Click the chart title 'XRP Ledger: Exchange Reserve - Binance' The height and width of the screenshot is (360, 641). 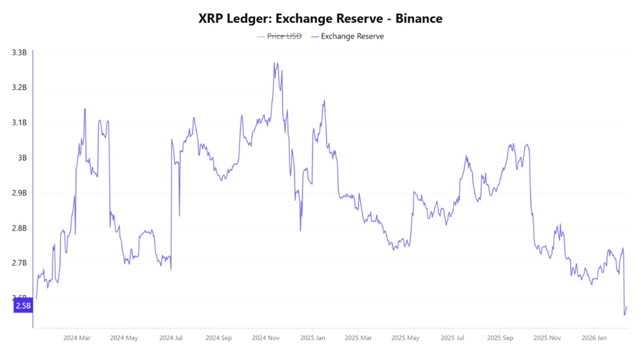tap(320, 18)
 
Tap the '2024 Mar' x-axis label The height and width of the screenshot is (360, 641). tap(77, 338)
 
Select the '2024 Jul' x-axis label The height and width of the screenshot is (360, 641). tap(171, 338)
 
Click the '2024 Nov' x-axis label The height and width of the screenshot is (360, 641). tap(264, 338)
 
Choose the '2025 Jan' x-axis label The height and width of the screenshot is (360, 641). tap(312, 338)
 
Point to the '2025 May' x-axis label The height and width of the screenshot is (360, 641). tap(405, 338)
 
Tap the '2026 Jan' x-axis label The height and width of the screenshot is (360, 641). tap(594, 338)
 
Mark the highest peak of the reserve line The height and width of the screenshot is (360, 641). tap(275, 63)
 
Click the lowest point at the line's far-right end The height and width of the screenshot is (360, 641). tap(625, 315)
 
